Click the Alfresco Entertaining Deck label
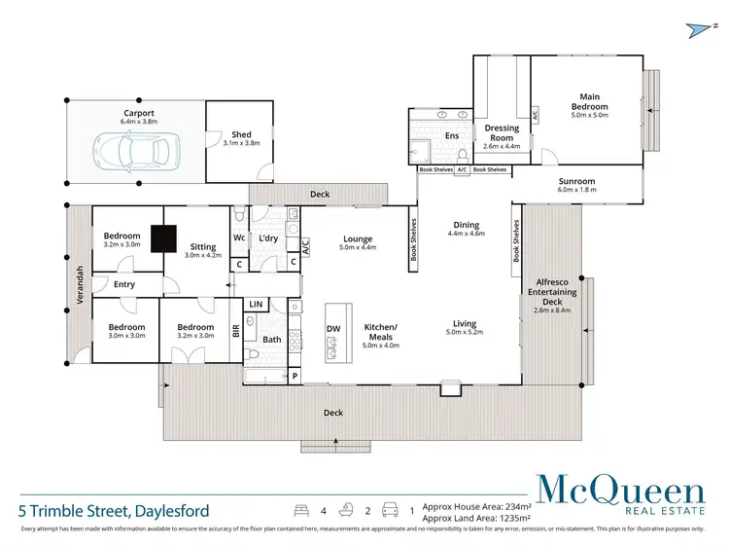click(x=551, y=291)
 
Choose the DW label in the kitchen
click(x=333, y=329)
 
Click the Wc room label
click(x=239, y=237)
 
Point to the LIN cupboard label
click(x=256, y=305)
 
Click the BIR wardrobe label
click(x=235, y=331)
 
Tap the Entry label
click(x=124, y=284)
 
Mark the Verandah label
click(x=77, y=285)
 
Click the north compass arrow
click(x=697, y=29)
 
